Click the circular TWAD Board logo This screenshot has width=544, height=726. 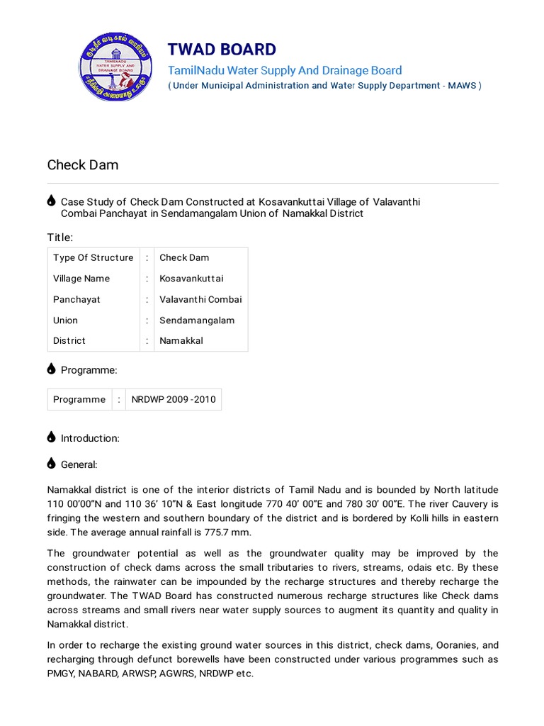click(115, 69)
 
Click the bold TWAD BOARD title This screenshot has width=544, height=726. click(222, 49)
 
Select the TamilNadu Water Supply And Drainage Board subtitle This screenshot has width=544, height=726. click(285, 70)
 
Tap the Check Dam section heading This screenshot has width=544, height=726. click(83, 165)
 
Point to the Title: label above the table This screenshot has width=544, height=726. click(60, 237)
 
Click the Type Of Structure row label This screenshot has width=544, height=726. click(93, 257)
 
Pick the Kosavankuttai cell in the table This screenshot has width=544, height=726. click(191, 279)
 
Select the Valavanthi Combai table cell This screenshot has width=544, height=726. click(200, 299)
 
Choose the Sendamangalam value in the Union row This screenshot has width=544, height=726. click(197, 320)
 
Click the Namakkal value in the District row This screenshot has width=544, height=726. click(181, 340)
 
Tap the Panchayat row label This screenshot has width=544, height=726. click(76, 299)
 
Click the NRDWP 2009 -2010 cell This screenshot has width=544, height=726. click(174, 399)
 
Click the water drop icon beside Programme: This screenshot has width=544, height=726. click(51, 369)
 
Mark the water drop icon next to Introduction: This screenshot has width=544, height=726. click(51, 437)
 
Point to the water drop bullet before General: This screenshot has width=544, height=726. click(51, 464)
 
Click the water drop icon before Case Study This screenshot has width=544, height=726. click(51, 201)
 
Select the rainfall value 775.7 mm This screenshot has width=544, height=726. click(227, 532)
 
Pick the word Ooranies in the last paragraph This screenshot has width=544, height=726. click(453, 645)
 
